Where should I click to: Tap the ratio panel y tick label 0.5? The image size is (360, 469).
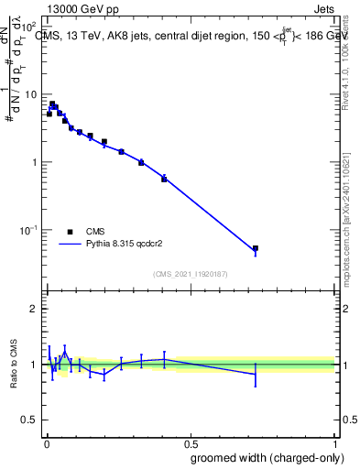tap(30, 420)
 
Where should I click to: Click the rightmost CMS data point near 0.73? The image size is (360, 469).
tap(256, 248)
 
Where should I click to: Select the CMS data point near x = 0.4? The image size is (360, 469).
tap(164, 179)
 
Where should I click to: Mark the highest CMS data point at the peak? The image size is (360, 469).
tap(52, 104)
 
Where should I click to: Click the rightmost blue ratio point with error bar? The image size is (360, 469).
tap(256, 374)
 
